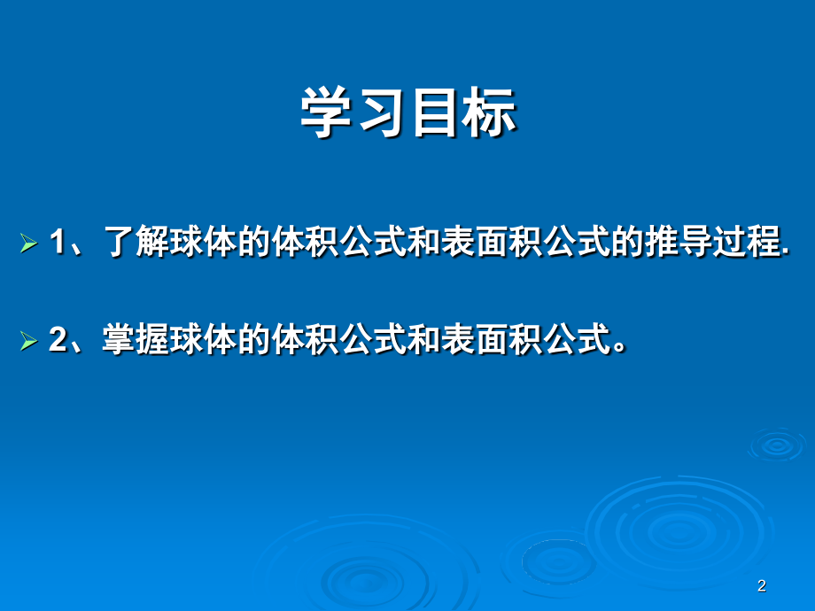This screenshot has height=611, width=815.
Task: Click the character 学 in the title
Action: [x=326, y=112]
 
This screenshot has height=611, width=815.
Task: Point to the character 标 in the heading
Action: [x=490, y=112]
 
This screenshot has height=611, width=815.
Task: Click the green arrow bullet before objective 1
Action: [x=28, y=244]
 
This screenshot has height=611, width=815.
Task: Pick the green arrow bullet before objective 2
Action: [x=28, y=341]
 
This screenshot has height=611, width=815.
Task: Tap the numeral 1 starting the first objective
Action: [x=58, y=242]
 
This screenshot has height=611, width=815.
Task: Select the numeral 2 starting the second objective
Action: [x=58, y=339]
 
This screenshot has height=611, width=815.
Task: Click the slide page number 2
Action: [x=762, y=585]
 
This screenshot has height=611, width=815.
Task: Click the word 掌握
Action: [x=134, y=339]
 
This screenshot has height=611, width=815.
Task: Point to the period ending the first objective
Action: [x=786, y=253]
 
